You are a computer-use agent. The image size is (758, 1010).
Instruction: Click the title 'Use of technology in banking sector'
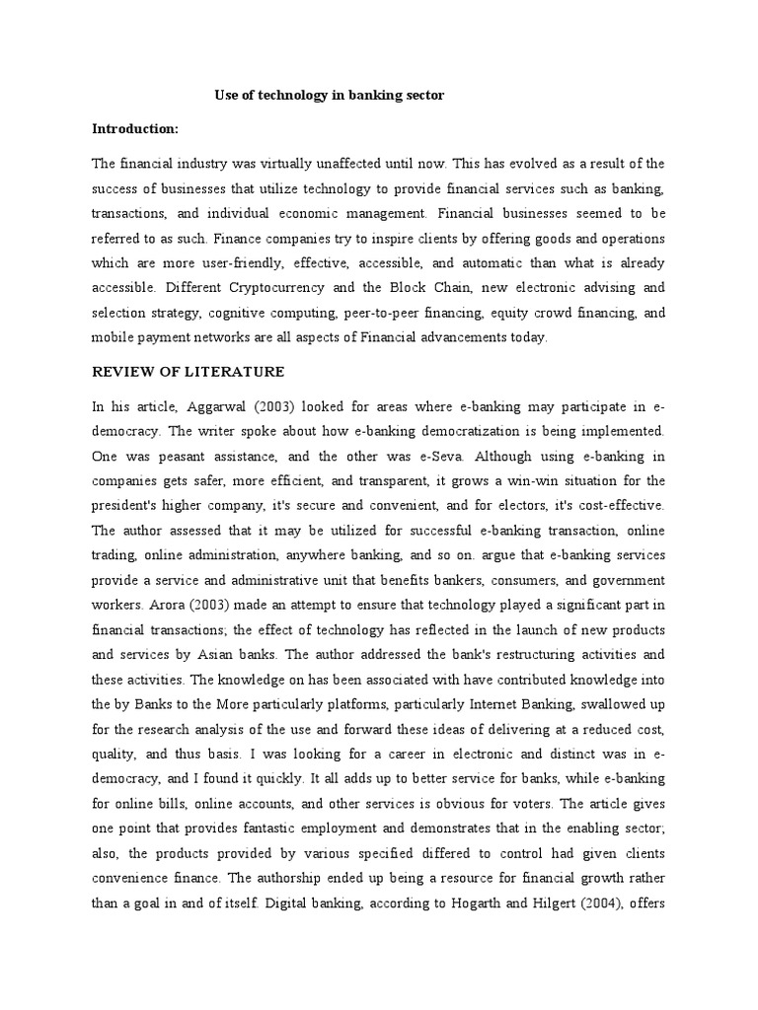click(x=330, y=96)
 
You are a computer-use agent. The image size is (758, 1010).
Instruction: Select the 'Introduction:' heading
click(x=136, y=129)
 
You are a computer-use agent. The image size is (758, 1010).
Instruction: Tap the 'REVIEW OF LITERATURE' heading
click(x=188, y=372)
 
